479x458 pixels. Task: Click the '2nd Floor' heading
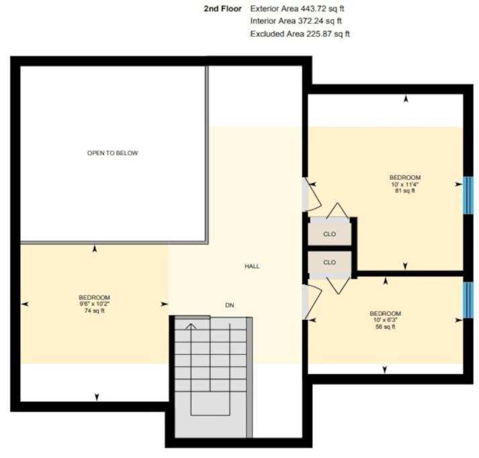pyautogui.click(x=222, y=9)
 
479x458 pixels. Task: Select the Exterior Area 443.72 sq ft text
pyautogui.click(x=297, y=9)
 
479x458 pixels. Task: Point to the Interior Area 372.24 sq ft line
pyautogui.click(x=296, y=21)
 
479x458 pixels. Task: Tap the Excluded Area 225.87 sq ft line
pyautogui.click(x=300, y=34)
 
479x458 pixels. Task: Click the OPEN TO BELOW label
pyautogui.click(x=112, y=153)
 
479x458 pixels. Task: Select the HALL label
pyautogui.click(x=252, y=266)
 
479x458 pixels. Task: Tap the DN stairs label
pyautogui.click(x=229, y=305)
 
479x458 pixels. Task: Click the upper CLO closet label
pyautogui.click(x=329, y=234)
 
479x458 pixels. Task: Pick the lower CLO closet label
pyautogui.click(x=329, y=262)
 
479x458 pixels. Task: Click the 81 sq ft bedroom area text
pyautogui.click(x=405, y=191)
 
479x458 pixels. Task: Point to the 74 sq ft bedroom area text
pyautogui.click(x=95, y=310)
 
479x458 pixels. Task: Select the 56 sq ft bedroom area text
pyautogui.click(x=385, y=327)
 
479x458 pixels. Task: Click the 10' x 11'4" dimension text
pyautogui.click(x=405, y=184)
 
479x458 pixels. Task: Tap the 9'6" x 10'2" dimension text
pyautogui.click(x=95, y=304)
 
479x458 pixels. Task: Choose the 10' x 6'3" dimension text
pyautogui.click(x=385, y=320)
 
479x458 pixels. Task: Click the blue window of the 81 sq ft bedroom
pyautogui.click(x=468, y=195)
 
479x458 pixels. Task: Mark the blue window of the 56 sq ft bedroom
pyautogui.click(x=468, y=300)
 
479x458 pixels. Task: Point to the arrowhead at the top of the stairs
pyautogui.click(x=191, y=326)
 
